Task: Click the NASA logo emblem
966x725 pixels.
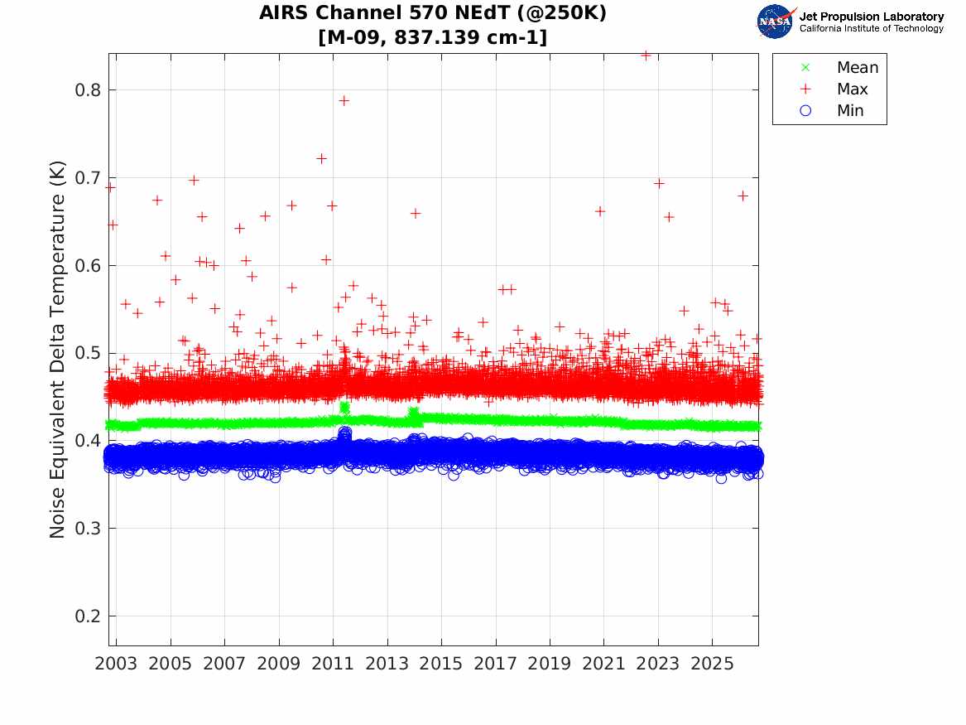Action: (776, 22)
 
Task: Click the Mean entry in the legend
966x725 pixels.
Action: (841, 67)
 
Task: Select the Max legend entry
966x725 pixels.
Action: (834, 89)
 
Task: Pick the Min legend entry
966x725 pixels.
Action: (832, 110)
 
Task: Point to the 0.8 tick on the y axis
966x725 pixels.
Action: (87, 90)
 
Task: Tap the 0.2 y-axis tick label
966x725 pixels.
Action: (87, 616)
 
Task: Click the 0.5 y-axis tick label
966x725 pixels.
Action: (87, 353)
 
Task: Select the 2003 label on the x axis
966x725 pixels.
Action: (116, 664)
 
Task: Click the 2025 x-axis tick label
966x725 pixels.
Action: (712, 664)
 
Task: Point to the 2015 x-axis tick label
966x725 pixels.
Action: (441, 664)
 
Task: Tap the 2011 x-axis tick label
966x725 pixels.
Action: (333, 664)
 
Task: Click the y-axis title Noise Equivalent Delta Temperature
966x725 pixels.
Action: (57, 350)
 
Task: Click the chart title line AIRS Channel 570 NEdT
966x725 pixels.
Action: (432, 12)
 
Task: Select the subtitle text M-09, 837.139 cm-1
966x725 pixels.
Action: (432, 37)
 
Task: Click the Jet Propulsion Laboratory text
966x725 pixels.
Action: (871, 17)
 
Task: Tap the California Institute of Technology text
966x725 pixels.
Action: (871, 28)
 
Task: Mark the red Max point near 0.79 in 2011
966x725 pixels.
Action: (344, 100)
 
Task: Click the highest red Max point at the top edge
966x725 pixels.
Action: (646, 56)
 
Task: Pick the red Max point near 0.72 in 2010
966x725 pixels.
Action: (321, 158)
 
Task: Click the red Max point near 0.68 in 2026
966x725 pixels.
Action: (743, 196)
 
